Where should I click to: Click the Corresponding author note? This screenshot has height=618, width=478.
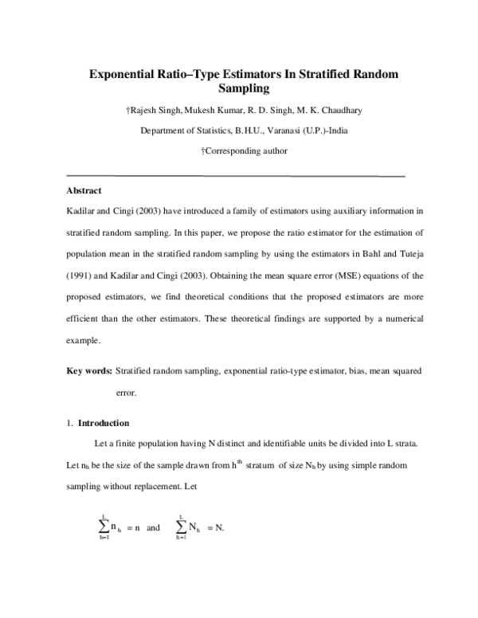pyautogui.click(x=245, y=151)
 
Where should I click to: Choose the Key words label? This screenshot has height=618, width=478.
pyautogui.click(x=88, y=371)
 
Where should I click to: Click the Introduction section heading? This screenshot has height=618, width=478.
pyautogui.click(x=104, y=423)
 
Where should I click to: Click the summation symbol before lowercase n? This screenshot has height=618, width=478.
pyautogui.click(x=104, y=527)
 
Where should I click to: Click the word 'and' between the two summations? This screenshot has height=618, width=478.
pyautogui.click(x=154, y=527)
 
